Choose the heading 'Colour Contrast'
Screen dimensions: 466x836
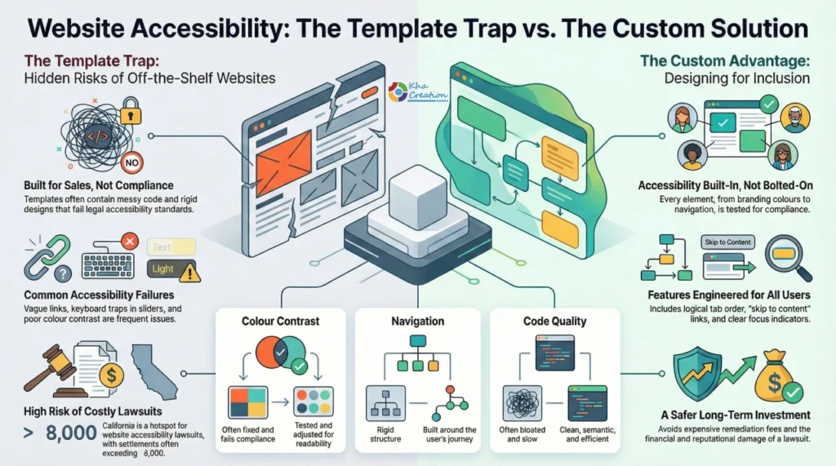pyautogui.click(x=276, y=321)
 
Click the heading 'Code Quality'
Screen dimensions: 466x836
pyautogui.click(x=554, y=321)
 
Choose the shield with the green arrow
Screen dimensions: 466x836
pyautogui.click(x=701, y=372)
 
